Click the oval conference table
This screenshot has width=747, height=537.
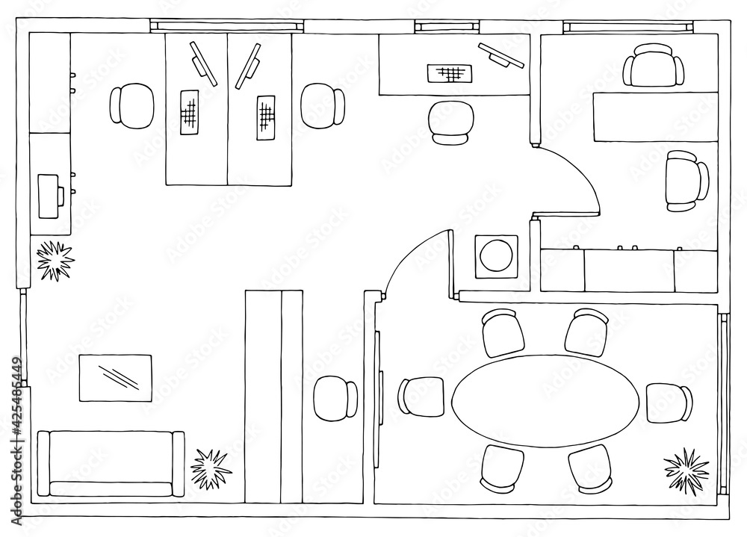546,401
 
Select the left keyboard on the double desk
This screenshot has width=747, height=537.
190,113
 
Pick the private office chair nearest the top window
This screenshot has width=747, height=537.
653,66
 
